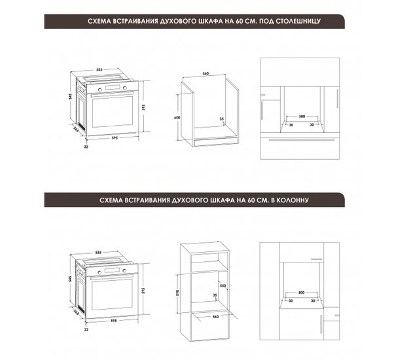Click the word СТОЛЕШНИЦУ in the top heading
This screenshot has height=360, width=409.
[298, 21]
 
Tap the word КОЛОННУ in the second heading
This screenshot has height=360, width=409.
[293, 200]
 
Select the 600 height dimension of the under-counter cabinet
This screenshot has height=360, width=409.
[177, 118]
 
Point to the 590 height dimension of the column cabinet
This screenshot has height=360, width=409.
[177, 293]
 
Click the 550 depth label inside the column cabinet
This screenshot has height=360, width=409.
[222, 285]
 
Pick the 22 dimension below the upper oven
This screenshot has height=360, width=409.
[86, 147]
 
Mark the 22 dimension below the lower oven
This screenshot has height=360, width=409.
[86, 330]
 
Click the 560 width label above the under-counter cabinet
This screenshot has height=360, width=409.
[205, 73]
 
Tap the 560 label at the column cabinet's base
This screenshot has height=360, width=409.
[215, 317]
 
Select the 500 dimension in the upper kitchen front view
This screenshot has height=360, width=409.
[302, 117]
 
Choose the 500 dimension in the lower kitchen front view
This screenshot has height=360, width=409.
[301, 293]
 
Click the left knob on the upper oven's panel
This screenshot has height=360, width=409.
[99, 90]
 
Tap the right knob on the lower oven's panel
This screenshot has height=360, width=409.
[124, 271]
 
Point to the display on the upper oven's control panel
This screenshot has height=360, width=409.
[112, 88]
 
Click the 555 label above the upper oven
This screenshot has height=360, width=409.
[99, 69]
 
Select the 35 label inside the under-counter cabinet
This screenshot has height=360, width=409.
[222, 119]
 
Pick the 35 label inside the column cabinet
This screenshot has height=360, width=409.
[215, 295]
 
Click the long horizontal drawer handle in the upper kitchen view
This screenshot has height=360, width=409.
[301, 140]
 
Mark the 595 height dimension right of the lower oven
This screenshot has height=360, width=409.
[143, 291]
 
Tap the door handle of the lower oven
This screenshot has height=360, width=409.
[112, 278]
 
